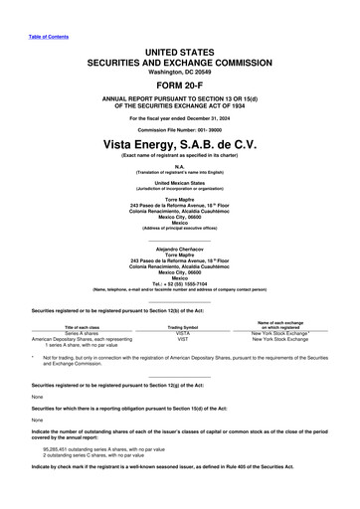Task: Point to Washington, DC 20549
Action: [x=180, y=71]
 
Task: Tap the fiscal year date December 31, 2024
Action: [x=205, y=118]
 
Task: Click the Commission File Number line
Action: [x=180, y=130]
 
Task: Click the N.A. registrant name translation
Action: [x=180, y=167]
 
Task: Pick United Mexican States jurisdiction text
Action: [x=180, y=184]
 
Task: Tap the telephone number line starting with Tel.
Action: [x=180, y=282]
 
